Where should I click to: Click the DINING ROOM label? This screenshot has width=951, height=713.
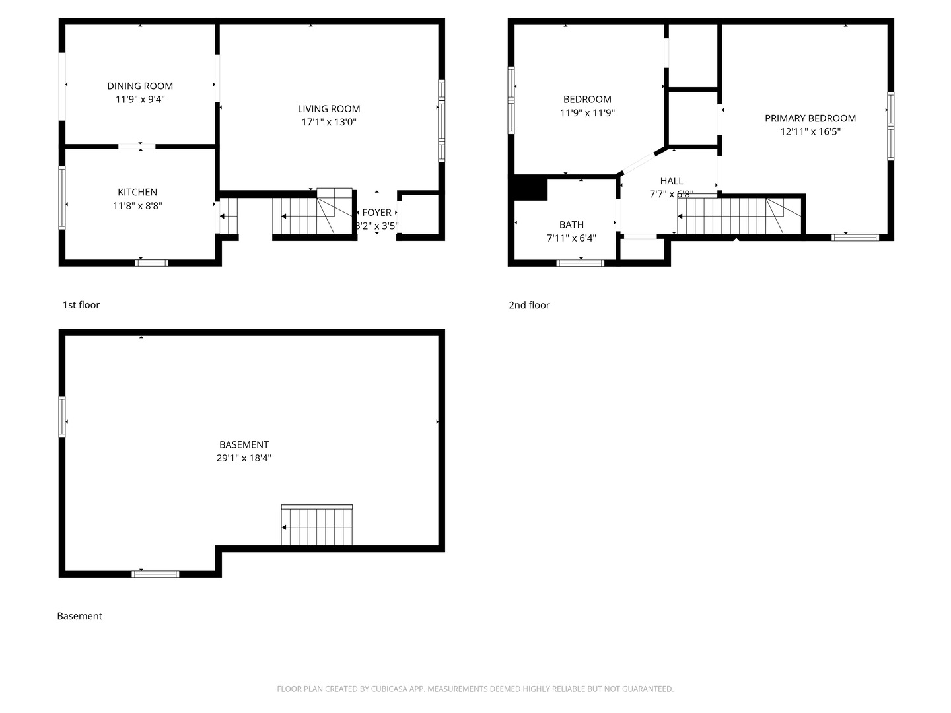point(140,86)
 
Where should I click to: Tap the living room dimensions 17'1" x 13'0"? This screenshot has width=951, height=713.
point(329,122)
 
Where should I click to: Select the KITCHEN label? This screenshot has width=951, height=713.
point(137,192)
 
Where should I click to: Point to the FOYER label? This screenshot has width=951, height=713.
point(377,213)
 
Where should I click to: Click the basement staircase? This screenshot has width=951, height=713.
point(317,526)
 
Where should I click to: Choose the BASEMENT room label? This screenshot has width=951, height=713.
point(244,445)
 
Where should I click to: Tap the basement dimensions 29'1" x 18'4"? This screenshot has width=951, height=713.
point(244,458)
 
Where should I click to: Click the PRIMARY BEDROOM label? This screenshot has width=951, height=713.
point(810,118)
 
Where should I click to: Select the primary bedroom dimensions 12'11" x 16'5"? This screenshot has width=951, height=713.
point(810,131)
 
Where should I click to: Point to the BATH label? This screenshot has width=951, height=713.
point(571,225)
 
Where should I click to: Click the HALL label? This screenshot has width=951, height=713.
point(672,181)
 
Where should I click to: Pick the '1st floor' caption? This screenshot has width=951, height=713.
point(81,305)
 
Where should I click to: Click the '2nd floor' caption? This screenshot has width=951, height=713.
point(529,305)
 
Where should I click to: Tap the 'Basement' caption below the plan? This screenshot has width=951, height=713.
point(79,616)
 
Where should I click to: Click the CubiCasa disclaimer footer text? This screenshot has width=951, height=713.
point(475,689)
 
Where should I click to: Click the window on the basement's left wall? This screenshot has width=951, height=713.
point(62,417)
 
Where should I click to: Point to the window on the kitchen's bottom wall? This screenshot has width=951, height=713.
point(152,263)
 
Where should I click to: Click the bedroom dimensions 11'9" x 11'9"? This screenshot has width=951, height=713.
point(587,113)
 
